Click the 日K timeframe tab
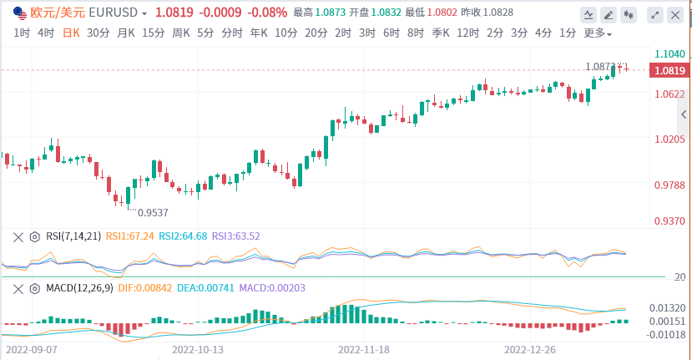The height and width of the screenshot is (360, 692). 70,33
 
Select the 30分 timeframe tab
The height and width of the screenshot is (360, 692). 98,33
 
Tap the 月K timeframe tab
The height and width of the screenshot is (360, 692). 126,33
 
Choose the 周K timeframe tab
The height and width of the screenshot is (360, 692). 180,33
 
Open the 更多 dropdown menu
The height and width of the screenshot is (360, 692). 597,33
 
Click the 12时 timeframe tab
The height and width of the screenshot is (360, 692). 468,33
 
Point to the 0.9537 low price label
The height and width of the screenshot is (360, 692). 153,212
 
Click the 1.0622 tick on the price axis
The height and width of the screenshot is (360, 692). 670,94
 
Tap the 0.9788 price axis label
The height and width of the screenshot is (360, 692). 670,185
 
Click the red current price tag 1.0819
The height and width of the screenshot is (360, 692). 670,70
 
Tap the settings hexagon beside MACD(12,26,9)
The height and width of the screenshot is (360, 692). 34,288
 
